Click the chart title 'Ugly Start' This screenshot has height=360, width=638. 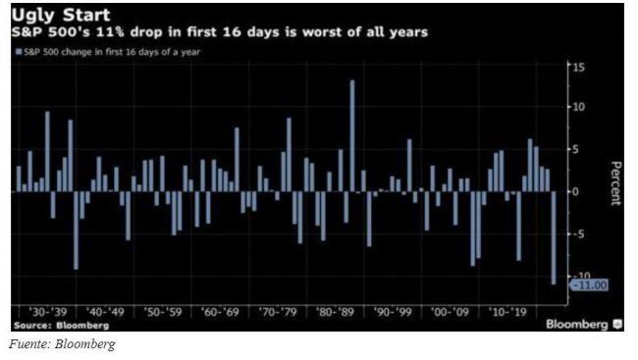pos(61,16)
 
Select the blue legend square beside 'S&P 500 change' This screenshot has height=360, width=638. pos(19,52)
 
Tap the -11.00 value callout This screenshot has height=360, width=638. pos(590,285)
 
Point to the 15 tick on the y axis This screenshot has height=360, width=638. pos(578,67)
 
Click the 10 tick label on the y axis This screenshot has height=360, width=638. pos(578,107)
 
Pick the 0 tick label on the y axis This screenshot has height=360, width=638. pos(575,191)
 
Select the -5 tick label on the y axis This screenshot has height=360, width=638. pos(578,233)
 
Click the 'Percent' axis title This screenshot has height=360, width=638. pos(616,183)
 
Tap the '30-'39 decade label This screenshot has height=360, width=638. pos(48,312)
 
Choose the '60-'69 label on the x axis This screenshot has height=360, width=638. pos(220,312)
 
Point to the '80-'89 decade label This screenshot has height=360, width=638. pos(336,312)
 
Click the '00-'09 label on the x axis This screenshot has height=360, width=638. pos(450,312)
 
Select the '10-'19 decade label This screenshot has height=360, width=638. pos(508,312)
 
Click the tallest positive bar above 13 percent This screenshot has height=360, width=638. pos(352,136)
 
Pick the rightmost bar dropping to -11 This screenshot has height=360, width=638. pos(554,238)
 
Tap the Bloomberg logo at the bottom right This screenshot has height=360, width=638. pos(584,325)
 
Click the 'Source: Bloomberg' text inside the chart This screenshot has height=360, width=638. pos(62,326)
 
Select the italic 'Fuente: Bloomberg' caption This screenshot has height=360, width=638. pos(62,344)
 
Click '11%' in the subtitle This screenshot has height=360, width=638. pos(110,32)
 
